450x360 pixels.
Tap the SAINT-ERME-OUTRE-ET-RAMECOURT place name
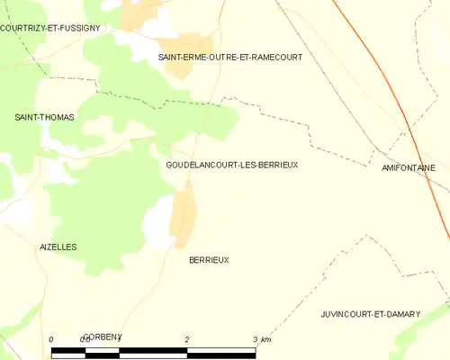click(x=229, y=57)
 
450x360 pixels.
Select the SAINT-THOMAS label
click(x=44, y=117)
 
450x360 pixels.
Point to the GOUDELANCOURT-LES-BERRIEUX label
click(x=231, y=166)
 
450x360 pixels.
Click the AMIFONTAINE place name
click(x=409, y=168)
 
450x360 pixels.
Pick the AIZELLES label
click(x=58, y=247)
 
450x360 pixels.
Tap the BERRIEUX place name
click(x=209, y=259)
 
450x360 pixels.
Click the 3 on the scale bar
click(x=256, y=339)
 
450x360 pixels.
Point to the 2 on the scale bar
click(x=186, y=339)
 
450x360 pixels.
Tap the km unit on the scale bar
click(x=266, y=339)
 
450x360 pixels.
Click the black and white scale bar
click(x=153, y=352)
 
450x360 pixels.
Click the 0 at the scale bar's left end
click(x=51, y=339)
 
